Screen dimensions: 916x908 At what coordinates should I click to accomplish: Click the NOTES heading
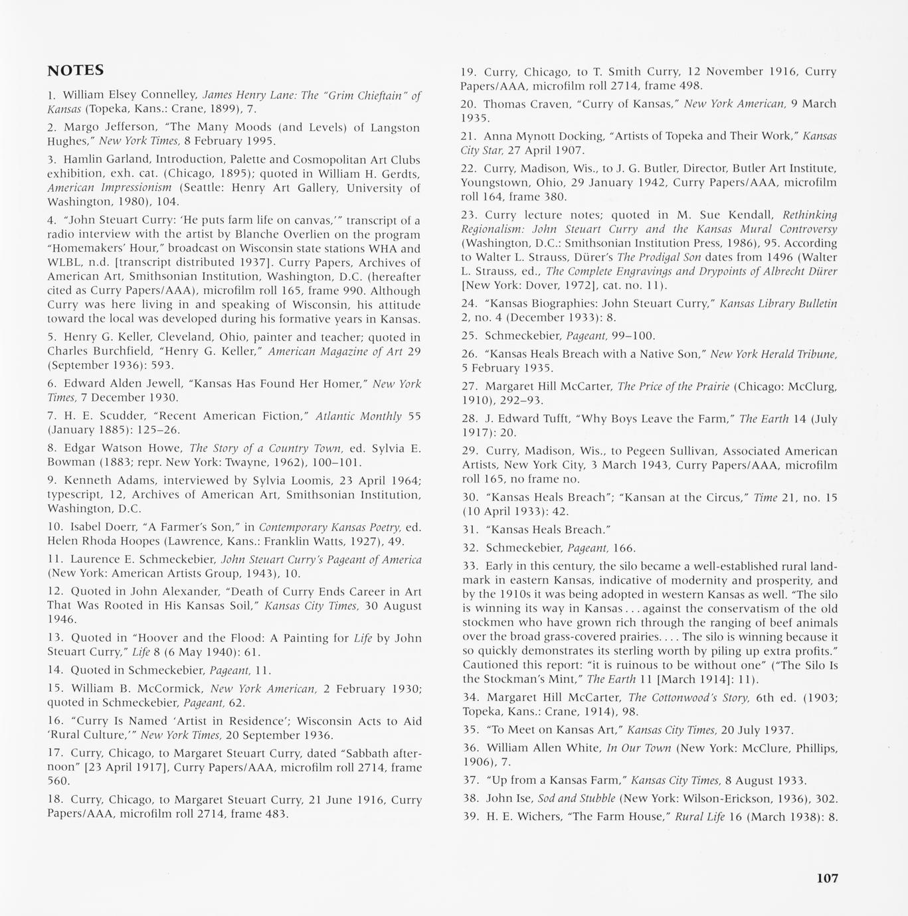point(75,70)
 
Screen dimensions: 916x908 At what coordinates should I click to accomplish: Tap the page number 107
point(827,878)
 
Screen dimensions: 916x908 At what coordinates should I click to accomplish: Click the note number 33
point(470,566)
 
